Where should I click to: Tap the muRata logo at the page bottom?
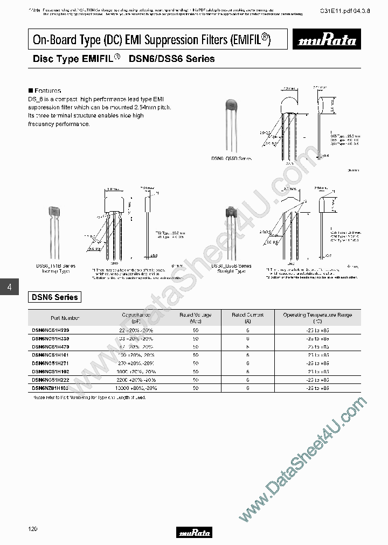click(x=194, y=533)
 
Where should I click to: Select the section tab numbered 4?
click(x=9, y=288)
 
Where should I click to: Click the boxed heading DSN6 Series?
click(x=54, y=297)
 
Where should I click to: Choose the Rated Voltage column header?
click(x=195, y=317)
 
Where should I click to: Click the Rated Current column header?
click(x=247, y=317)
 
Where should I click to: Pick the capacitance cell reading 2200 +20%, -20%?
click(x=137, y=380)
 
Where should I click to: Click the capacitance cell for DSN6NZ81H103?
click(x=137, y=388)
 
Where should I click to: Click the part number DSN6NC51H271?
click(x=54, y=363)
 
